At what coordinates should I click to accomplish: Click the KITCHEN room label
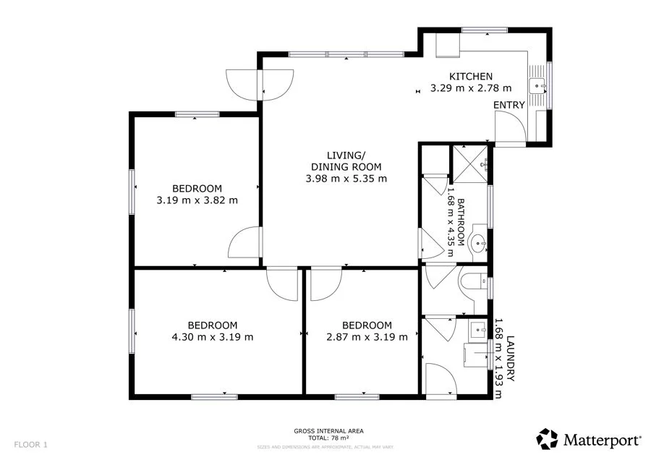tap(471, 77)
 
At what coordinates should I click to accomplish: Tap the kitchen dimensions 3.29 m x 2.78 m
tap(471, 88)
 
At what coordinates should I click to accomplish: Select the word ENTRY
tap(509, 106)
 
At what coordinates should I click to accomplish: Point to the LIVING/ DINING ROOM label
tap(346, 161)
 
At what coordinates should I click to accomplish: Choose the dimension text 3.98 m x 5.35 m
tap(346, 178)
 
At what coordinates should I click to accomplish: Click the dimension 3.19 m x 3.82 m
tap(197, 200)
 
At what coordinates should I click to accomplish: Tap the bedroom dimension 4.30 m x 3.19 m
tap(212, 336)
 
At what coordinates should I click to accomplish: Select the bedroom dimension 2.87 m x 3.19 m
tap(367, 336)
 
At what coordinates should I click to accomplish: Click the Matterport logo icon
tap(548, 439)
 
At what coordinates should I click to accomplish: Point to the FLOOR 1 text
tap(30, 445)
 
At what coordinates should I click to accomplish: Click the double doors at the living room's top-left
tap(260, 83)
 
